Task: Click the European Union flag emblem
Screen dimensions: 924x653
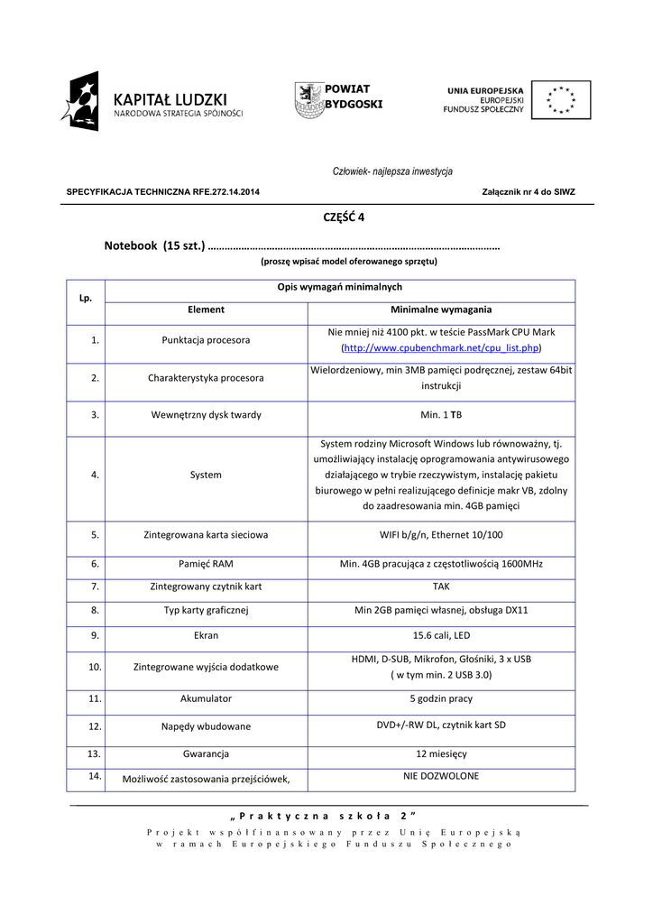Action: coord(561,100)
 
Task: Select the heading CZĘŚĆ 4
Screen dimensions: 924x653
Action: coord(344,217)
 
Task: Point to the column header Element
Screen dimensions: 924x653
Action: coord(206,310)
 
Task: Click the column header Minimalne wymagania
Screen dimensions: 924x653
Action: coord(441,310)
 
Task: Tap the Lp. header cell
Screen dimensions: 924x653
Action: coord(86,298)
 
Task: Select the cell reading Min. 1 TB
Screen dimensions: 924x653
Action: coord(441,415)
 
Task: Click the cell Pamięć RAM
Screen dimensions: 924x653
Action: coord(206,564)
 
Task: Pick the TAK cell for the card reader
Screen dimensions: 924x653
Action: coord(441,587)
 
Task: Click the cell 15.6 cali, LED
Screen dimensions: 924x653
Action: coord(441,635)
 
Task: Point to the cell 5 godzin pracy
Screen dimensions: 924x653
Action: coord(441,698)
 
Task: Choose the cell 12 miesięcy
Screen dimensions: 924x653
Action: coord(441,753)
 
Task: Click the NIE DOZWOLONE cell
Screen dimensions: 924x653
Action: coord(441,776)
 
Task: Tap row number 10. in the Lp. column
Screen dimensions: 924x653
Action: coord(95,667)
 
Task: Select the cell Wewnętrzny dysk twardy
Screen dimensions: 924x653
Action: coord(206,415)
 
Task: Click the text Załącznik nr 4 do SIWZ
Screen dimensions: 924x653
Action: coord(529,192)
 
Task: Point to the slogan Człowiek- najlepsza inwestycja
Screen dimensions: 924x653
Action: coord(392,171)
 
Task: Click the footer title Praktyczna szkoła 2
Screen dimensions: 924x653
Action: coord(326,816)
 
